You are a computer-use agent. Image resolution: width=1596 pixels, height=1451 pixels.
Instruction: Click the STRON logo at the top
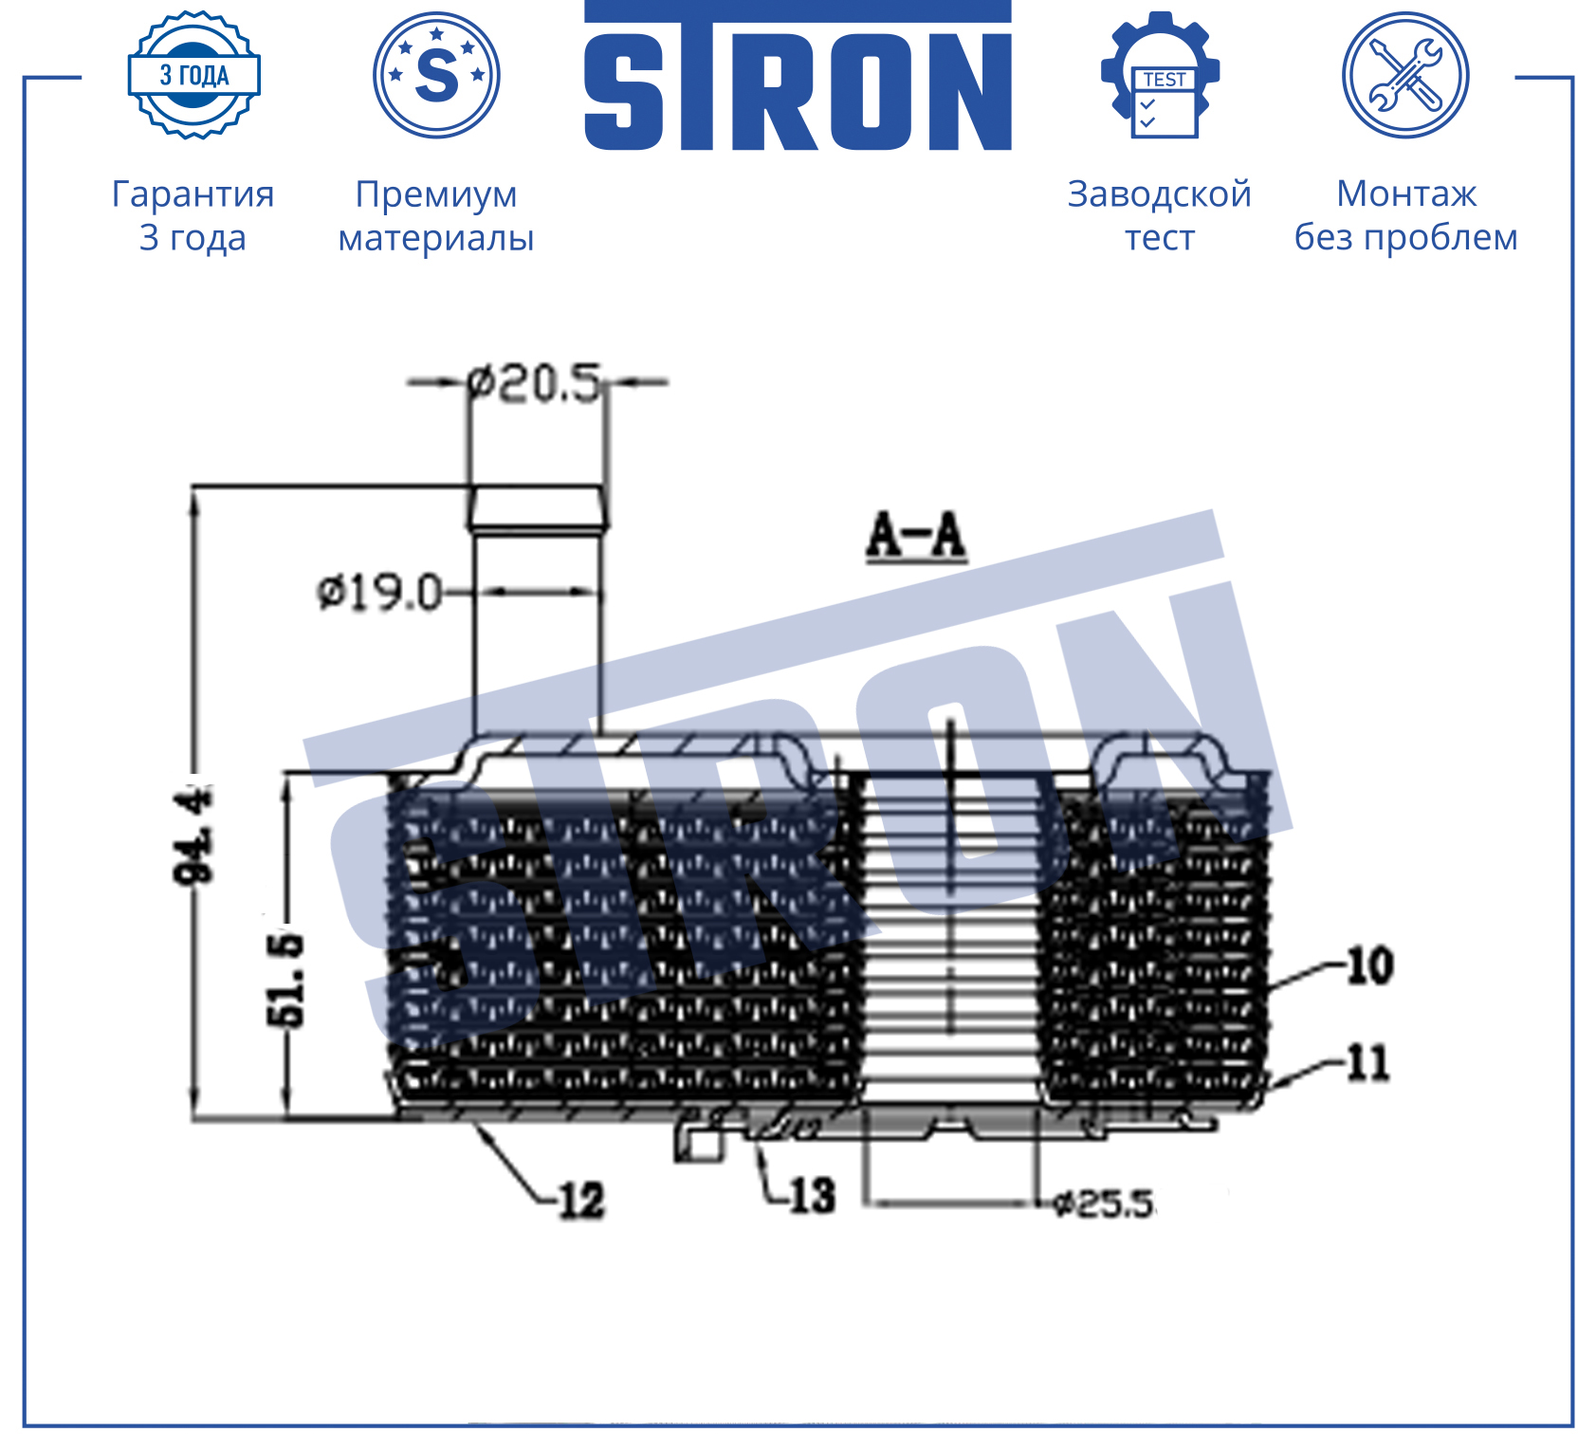(798, 76)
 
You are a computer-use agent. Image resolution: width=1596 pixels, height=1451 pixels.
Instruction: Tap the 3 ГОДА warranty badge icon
(194, 75)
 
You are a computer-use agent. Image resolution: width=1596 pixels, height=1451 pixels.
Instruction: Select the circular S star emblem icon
(436, 75)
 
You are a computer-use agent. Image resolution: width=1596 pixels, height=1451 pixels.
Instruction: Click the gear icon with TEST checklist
(1160, 75)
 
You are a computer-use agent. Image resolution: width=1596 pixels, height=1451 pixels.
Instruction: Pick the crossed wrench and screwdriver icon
(1405, 75)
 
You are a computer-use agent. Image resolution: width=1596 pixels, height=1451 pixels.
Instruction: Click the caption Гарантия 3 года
(193, 215)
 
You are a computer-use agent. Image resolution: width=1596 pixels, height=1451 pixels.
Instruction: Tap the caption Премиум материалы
(436, 216)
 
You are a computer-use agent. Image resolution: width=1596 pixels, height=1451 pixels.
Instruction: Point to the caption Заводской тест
(1160, 215)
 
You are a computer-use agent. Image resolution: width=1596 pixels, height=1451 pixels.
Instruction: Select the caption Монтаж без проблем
(1406, 215)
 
